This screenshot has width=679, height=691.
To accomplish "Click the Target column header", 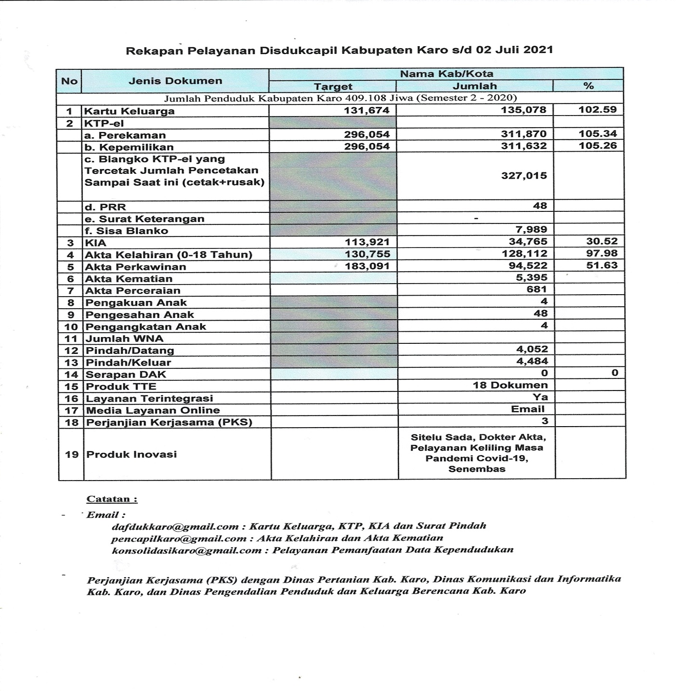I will pos(333,87).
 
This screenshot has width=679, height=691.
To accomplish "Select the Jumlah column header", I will pos(474,86).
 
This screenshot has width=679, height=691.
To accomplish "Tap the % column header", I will pos(588,86).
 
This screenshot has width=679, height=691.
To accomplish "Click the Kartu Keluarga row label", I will pos(130,111).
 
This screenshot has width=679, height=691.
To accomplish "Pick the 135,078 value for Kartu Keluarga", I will pos(523,110).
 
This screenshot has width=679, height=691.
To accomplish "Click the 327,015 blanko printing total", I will pos(523,176).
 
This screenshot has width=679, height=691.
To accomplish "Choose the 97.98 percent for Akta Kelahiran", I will pos(601,253).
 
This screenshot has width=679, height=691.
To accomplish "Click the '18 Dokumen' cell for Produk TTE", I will pos(510,385).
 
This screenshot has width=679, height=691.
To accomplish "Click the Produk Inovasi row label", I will pos(131,454).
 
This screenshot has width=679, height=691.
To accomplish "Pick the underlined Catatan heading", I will pos(112,499).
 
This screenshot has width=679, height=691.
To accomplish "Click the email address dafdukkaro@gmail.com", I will pos(175,526).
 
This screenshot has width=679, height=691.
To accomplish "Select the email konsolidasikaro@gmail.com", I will pos(186,550).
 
